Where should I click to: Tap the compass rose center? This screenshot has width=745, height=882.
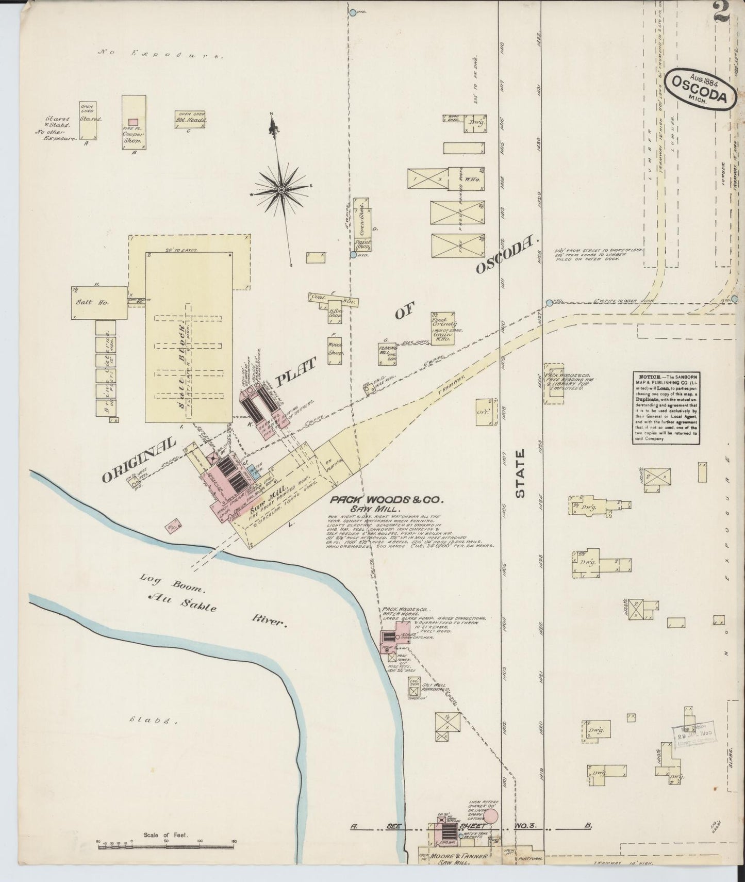tap(282, 190)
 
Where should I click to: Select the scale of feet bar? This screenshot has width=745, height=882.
tap(166, 843)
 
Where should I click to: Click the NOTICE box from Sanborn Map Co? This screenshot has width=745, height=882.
tap(666, 407)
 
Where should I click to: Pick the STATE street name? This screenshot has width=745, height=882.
tap(520, 473)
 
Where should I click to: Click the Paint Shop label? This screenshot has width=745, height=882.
tap(363, 244)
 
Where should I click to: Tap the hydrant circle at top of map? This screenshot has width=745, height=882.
tap(353, 12)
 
